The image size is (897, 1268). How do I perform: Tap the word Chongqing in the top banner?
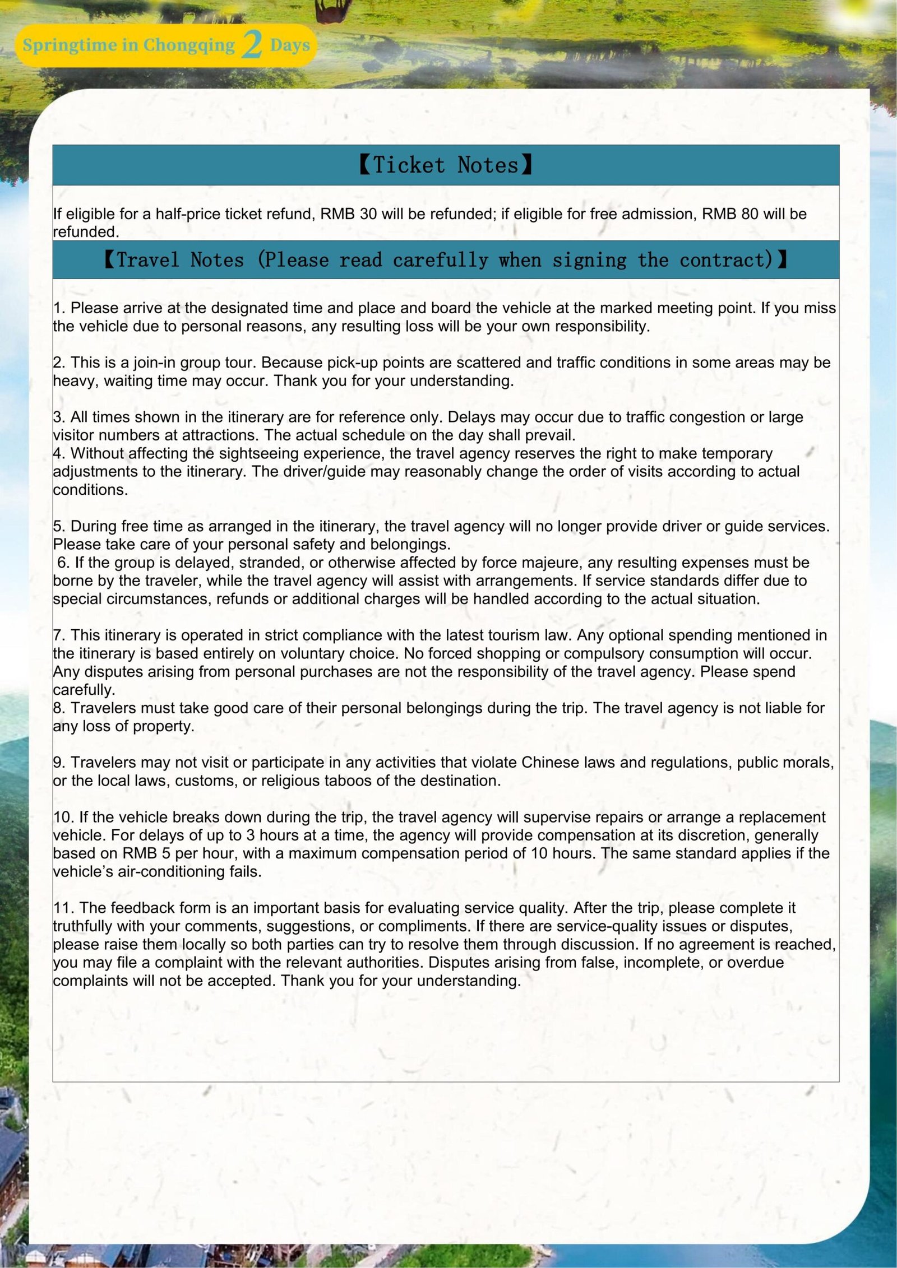[x=188, y=45]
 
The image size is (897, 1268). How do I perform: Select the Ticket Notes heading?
[x=446, y=165]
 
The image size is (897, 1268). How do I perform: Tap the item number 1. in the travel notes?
[x=59, y=308]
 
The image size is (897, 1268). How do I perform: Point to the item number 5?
[x=59, y=527]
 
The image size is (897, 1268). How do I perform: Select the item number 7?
[x=59, y=635]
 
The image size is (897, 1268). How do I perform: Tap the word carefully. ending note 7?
[x=84, y=690]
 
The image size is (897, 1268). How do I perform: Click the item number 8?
[x=59, y=708]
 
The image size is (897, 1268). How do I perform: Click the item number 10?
[x=64, y=818]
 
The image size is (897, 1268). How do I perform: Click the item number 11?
[x=64, y=908]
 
